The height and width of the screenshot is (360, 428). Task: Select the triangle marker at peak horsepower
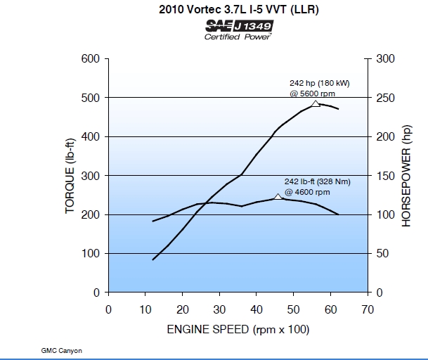click(x=316, y=103)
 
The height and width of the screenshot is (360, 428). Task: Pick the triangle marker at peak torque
click(x=278, y=197)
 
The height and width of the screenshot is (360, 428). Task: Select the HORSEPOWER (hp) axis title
click(x=406, y=176)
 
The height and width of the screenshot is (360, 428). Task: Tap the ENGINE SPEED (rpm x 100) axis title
click(x=238, y=329)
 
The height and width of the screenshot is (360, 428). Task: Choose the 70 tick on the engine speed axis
click(x=368, y=309)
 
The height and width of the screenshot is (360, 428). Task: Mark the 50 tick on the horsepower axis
click(x=381, y=253)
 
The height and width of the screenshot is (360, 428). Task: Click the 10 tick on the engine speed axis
click(x=145, y=309)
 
